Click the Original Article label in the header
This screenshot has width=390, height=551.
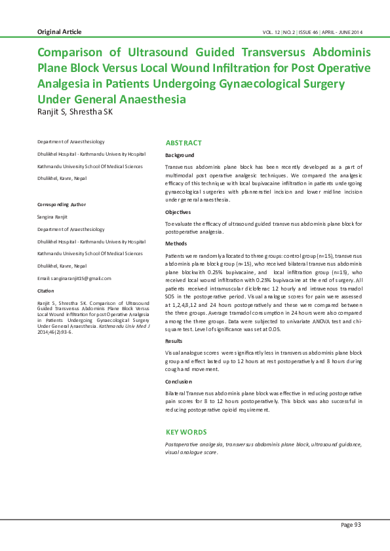(60, 32)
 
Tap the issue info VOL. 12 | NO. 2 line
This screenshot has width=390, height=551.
(312, 32)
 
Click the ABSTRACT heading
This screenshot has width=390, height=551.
(184, 143)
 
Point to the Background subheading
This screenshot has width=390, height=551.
(180, 155)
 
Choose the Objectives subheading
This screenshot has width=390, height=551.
(178, 212)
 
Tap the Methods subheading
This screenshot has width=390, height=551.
(176, 243)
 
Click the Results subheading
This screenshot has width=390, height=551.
(174, 341)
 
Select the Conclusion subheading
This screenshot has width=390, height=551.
(179, 381)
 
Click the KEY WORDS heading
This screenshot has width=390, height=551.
(186, 432)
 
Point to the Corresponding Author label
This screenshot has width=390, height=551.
(62, 205)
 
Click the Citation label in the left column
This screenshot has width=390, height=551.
(46, 291)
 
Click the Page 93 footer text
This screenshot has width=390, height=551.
(351, 525)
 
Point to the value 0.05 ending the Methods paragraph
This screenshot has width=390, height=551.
(274, 330)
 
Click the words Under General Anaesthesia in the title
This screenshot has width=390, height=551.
(111, 99)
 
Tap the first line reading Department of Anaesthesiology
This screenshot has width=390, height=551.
(71, 141)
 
